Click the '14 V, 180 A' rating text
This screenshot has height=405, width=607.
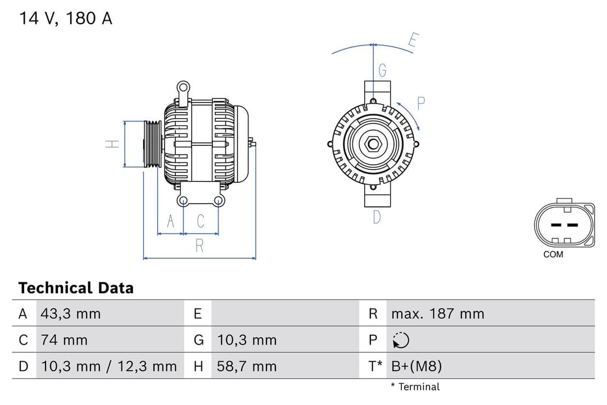click(66, 18)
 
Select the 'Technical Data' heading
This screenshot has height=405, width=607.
click(76, 288)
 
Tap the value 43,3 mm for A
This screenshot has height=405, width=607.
click(71, 314)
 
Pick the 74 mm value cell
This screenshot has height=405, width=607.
click(64, 340)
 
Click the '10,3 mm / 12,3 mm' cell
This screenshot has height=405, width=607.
click(108, 367)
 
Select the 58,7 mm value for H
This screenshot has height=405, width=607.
click(247, 367)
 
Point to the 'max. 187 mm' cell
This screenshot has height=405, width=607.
click(437, 314)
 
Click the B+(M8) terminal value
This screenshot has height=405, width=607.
click(416, 367)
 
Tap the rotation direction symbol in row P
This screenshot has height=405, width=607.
click(401, 340)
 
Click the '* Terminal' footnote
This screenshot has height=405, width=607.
click(415, 386)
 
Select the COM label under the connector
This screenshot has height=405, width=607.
click(553, 254)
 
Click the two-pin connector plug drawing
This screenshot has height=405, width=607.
click(564, 224)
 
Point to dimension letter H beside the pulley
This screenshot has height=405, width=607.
click(113, 144)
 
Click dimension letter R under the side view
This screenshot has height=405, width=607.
click(200, 246)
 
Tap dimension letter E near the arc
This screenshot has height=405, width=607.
click(413, 41)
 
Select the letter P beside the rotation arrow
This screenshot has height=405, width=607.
click(421, 103)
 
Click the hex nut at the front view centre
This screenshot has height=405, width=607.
click(373, 144)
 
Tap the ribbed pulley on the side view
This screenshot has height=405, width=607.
click(152, 144)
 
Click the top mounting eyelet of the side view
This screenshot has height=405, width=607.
click(183, 87)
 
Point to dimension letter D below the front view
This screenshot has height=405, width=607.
click(377, 217)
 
